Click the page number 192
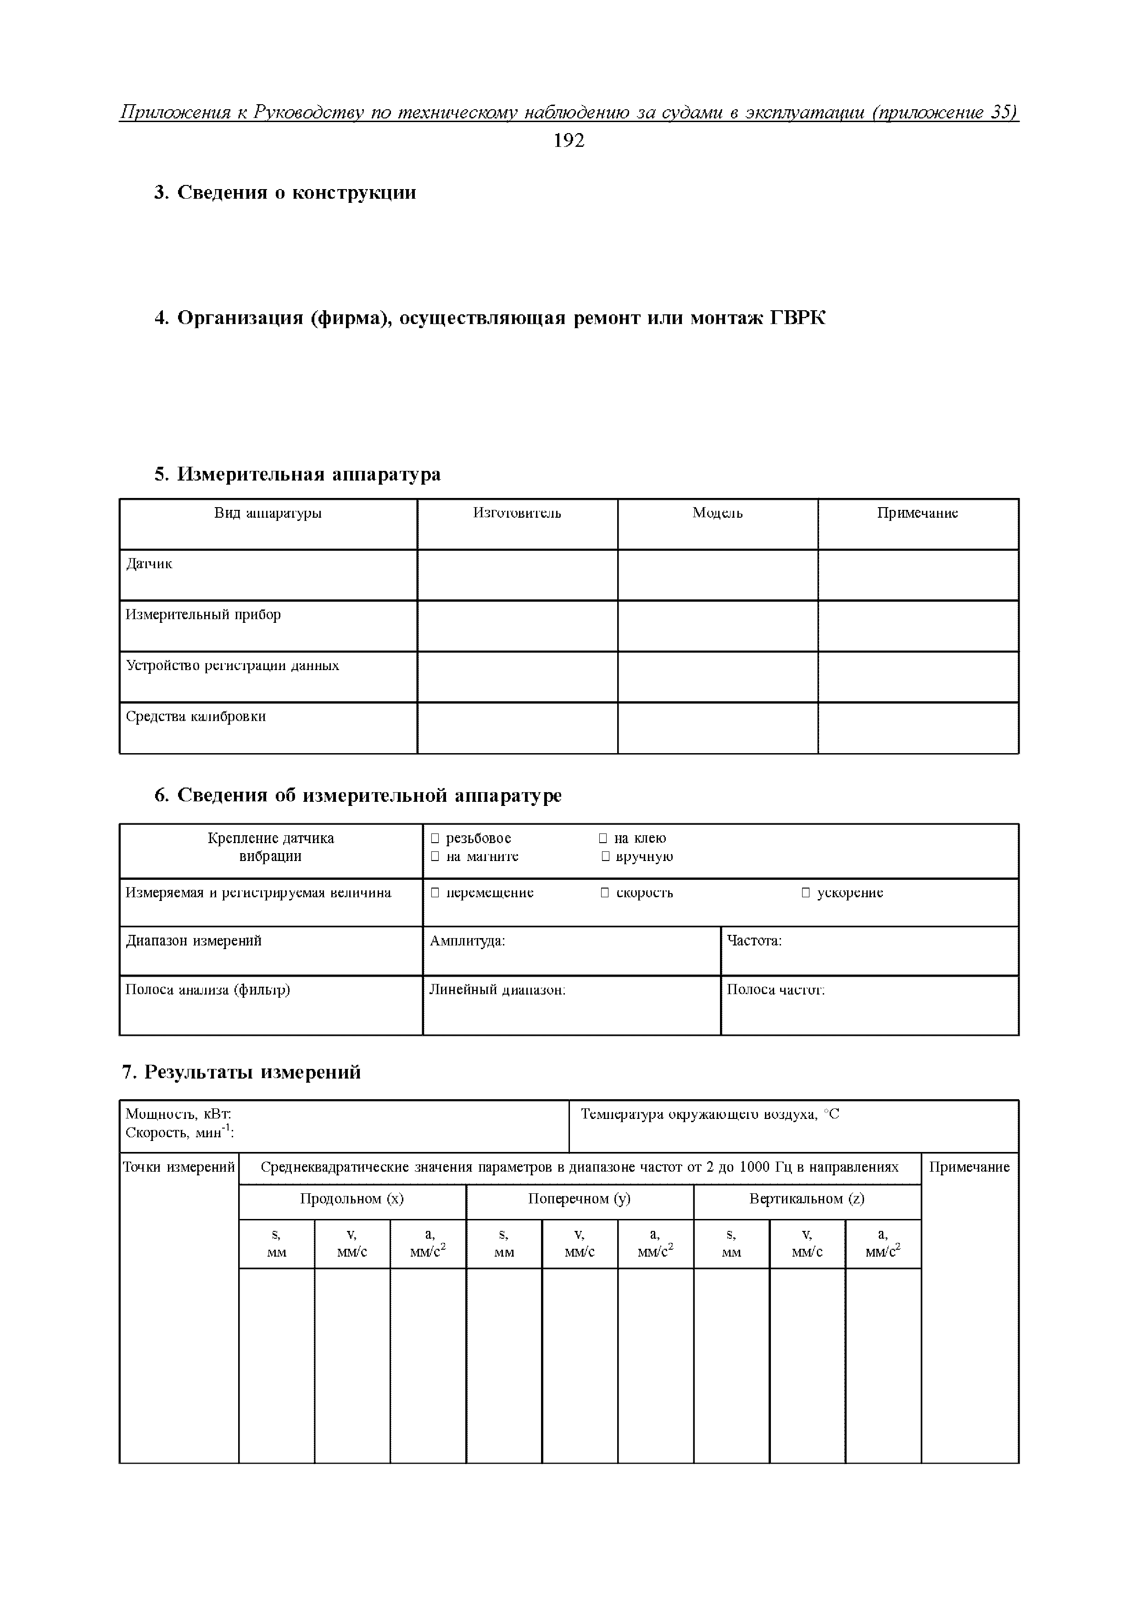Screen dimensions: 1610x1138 point(569,141)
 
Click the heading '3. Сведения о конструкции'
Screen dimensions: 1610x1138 point(284,192)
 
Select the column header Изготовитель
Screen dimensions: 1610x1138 point(517,513)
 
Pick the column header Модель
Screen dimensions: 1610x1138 point(717,513)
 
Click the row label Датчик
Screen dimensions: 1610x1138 point(149,564)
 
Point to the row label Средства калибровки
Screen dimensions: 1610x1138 point(195,716)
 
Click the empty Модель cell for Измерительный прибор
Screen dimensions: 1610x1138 point(717,626)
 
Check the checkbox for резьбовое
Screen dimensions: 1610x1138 point(435,838)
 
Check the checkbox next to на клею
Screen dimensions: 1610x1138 point(603,838)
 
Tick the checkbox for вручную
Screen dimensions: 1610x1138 point(605,856)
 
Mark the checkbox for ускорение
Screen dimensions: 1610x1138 point(806,893)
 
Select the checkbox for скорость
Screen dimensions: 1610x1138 point(604,893)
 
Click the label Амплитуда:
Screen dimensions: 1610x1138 point(467,940)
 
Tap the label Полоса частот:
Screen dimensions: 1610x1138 point(775,989)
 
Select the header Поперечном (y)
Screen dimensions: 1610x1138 point(579,1198)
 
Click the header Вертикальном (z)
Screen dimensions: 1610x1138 point(806,1198)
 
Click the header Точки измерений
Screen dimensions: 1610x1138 point(179,1167)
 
